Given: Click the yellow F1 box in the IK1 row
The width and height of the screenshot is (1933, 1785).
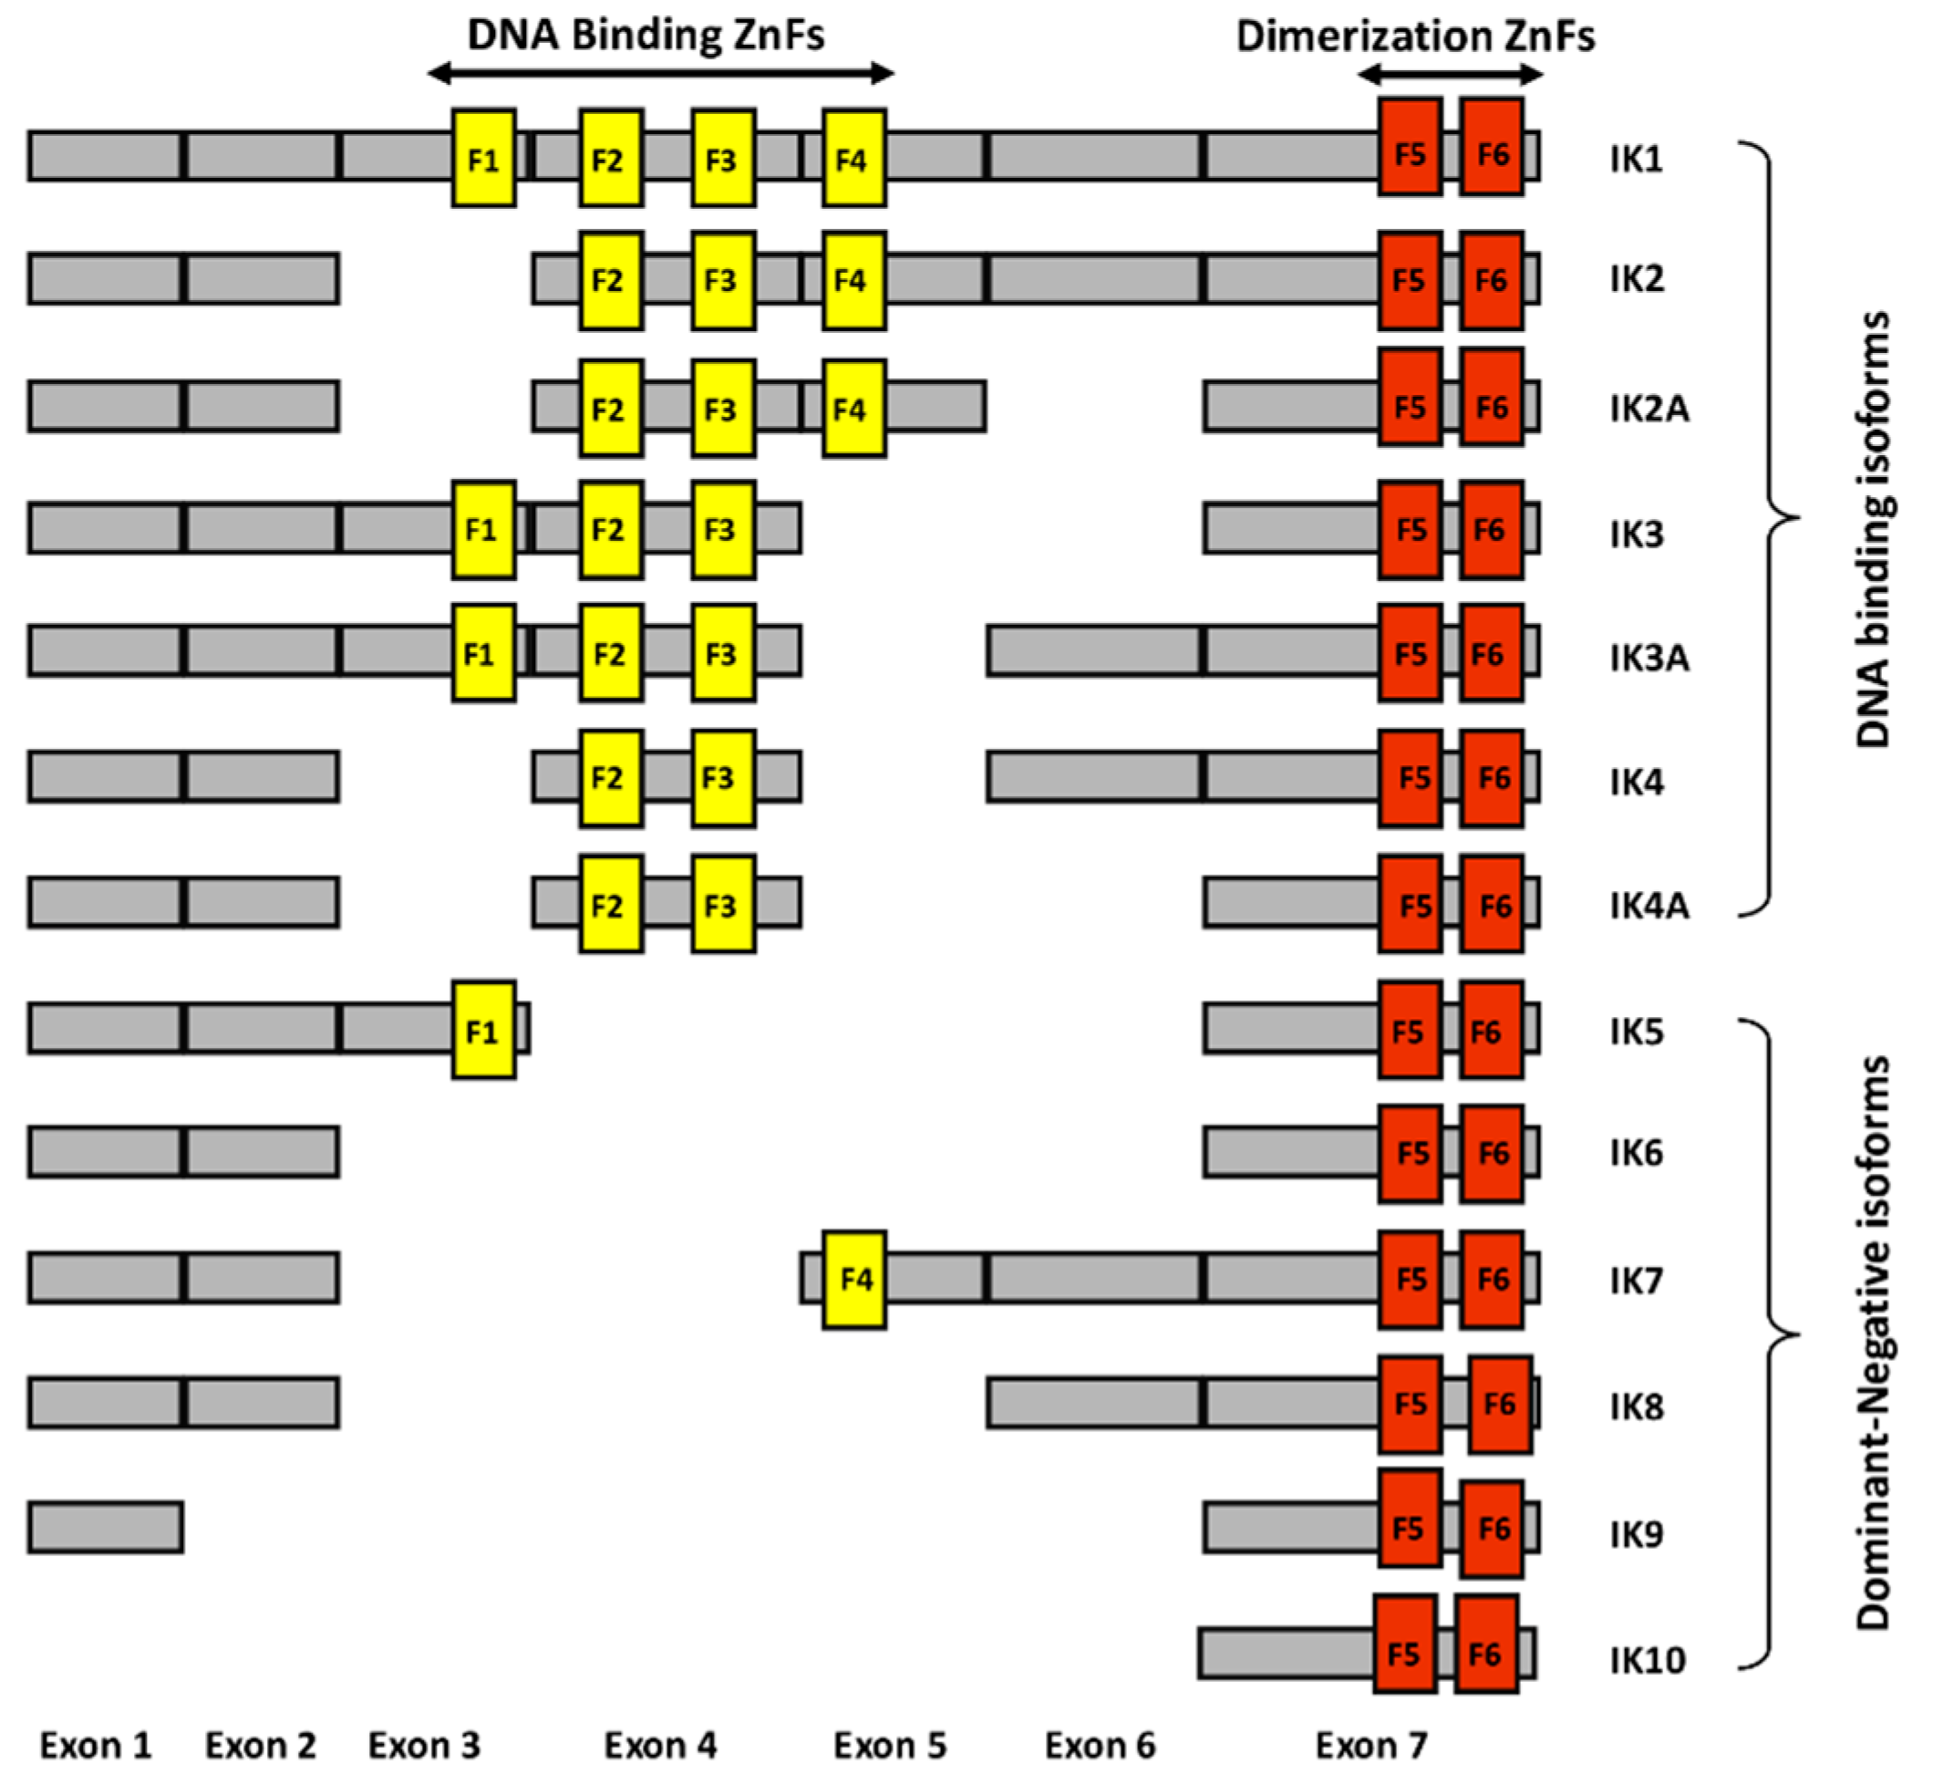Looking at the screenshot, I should [484, 158].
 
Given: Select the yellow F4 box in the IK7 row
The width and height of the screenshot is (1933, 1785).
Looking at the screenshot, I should [854, 1279].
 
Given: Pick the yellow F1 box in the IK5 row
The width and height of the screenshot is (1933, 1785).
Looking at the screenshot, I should [484, 1030].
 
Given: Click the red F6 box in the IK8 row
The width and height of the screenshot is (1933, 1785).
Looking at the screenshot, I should [1500, 1404].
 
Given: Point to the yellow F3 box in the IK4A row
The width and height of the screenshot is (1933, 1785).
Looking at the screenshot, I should [723, 904].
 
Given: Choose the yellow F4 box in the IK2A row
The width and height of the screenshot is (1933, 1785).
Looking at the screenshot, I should [854, 408].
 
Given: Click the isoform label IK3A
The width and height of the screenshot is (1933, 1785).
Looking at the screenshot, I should [1649, 658].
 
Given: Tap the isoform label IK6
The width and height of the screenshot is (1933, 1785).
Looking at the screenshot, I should [1637, 1153].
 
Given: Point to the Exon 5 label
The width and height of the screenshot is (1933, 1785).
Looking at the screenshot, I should [889, 1746].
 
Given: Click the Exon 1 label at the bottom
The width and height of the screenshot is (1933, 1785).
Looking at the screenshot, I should [96, 1746].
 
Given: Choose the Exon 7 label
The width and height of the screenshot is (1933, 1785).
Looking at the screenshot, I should [1371, 1746].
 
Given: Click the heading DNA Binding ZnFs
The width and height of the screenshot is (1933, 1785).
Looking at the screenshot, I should [646, 36].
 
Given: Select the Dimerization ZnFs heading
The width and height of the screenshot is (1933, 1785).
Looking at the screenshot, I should [1415, 36].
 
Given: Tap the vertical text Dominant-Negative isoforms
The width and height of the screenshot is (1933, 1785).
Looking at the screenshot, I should [1873, 1342].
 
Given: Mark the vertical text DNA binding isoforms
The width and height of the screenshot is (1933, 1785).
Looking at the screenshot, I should [1873, 528].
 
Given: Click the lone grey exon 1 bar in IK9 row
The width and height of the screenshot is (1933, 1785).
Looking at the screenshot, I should [105, 1527].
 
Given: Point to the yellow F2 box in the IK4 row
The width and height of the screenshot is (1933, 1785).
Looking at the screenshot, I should [611, 779].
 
